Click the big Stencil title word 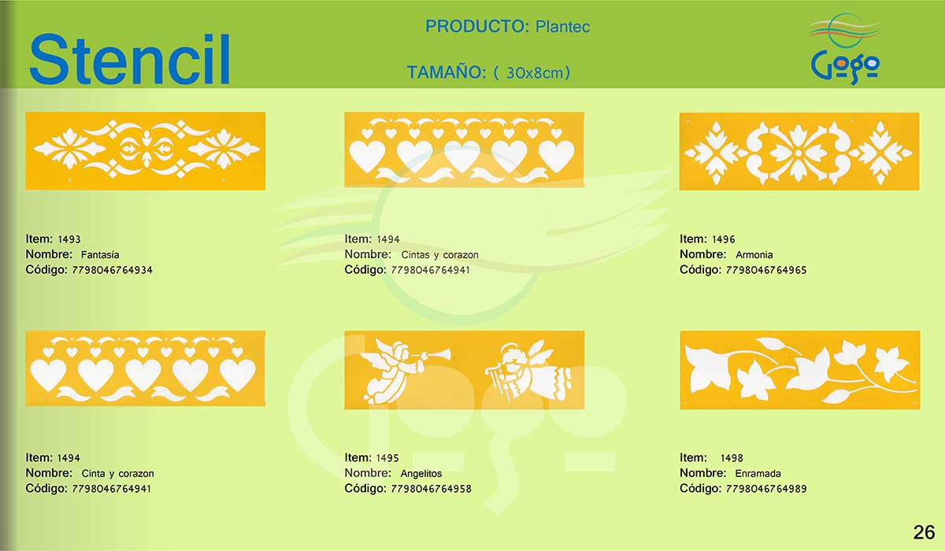point(129,59)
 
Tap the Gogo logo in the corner point(844,49)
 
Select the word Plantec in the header point(562,27)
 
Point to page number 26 point(924,532)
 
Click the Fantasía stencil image point(146,151)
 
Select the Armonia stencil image point(799,151)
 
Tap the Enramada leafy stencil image point(800,370)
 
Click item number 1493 point(69,239)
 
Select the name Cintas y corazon point(439,255)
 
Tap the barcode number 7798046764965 point(766,270)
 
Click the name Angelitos point(421,473)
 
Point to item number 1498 point(732,458)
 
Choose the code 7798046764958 point(432,489)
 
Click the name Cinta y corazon point(117,473)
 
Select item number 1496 point(724,239)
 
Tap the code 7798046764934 point(112,270)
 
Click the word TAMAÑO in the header point(447,72)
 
